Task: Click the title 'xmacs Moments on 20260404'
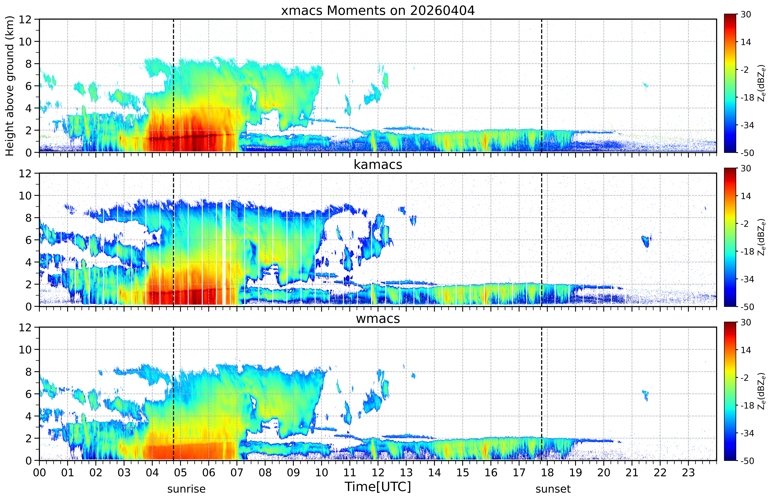point(378,11)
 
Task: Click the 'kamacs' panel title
point(378,165)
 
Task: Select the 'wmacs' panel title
point(378,319)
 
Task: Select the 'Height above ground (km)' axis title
point(10,86)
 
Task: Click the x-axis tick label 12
point(378,473)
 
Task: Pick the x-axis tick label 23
point(688,473)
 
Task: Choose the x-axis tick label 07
point(237,473)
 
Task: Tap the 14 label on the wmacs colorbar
point(746,350)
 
